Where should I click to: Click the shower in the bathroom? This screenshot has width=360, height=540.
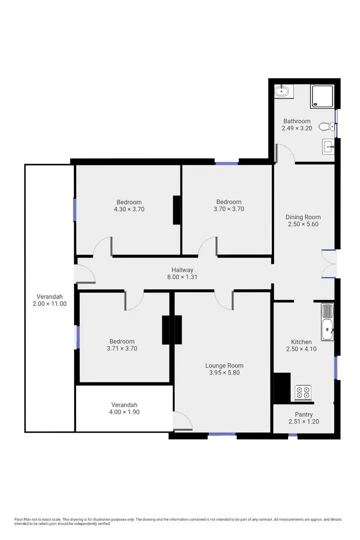pyautogui.click(x=322, y=96)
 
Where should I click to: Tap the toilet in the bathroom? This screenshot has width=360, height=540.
pyautogui.click(x=325, y=126)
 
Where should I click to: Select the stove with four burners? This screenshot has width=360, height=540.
pyautogui.click(x=302, y=392)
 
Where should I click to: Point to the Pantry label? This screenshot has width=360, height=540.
pyautogui.click(x=303, y=414)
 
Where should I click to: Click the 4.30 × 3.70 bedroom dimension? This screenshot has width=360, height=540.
pyautogui.click(x=129, y=209)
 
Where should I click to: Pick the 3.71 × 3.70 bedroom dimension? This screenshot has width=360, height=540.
pyautogui.click(x=122, y=348)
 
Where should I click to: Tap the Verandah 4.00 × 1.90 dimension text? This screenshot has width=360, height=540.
pyautogui.click(x=123, y=412)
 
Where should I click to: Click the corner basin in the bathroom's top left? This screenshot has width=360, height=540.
pyautogui.click(x=282, y=91)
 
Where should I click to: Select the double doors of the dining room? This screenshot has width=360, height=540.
pyautogui.click(x=328, y=263)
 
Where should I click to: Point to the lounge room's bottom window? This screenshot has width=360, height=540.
pyautogui.click(x=222, y=434)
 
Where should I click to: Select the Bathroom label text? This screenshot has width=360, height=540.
pyautogui.click(x=297, y=121)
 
